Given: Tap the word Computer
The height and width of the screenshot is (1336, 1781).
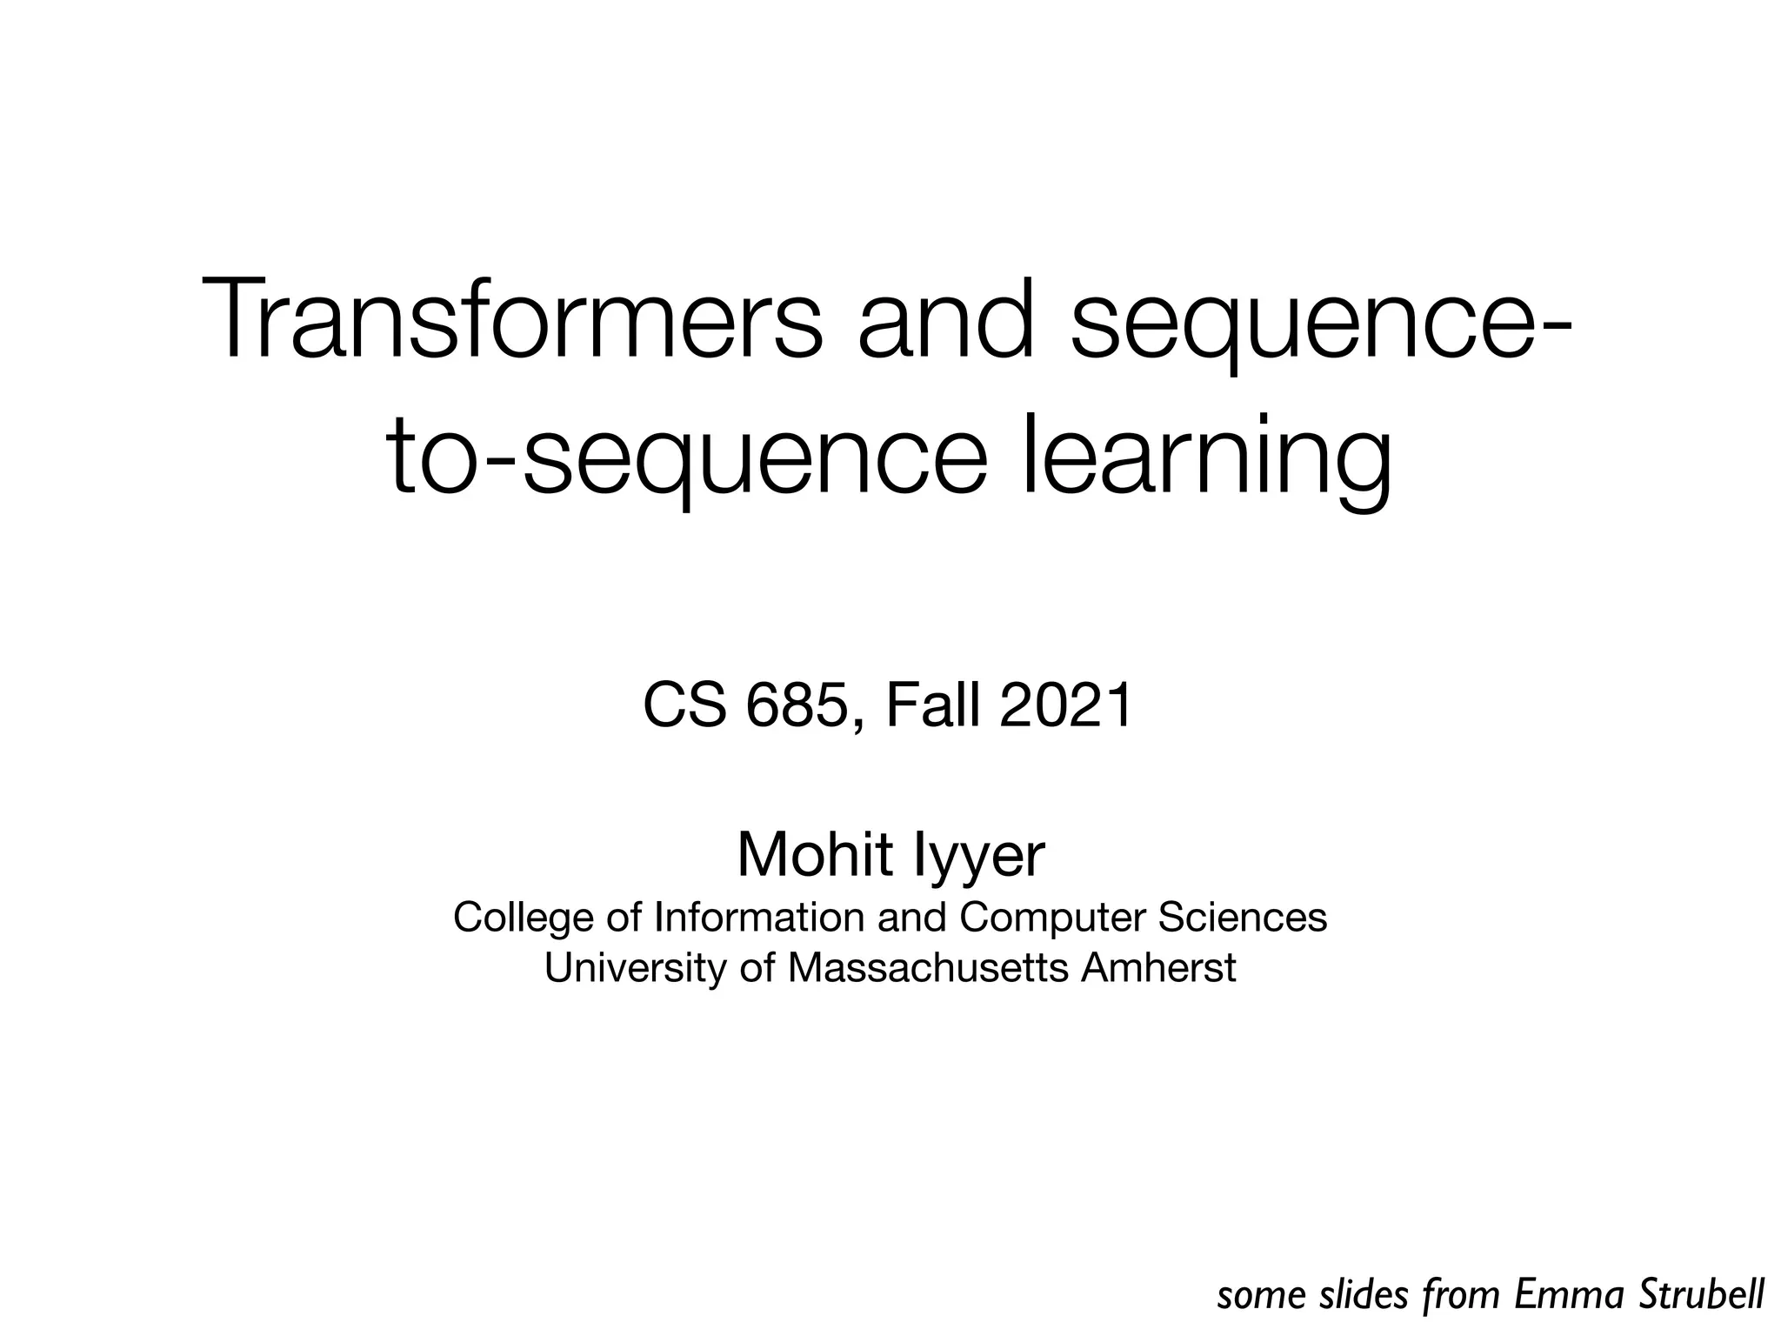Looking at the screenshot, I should [1052, 918].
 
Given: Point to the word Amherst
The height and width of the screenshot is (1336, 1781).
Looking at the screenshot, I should [1157, 966].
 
